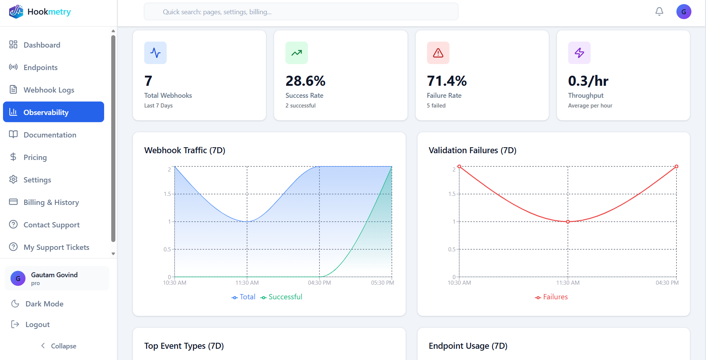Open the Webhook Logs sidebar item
coord(49,90)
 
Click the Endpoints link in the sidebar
coord(40,67)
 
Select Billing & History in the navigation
coord(51,202)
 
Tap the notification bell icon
coord(659,12)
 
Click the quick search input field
coord(301,12)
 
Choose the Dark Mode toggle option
coord(44,304)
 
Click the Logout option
coord(37,324)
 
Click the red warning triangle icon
coord(438,53)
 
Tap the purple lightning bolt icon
coord(579,53)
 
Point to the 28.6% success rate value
coord(305,81)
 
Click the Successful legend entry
coord(282,297)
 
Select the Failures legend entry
coord(551,297)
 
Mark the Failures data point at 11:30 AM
coord(568,222)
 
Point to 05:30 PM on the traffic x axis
coord(382,283)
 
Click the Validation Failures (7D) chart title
coord(472,150)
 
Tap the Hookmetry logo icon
coord(16,12)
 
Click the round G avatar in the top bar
coord(684,12)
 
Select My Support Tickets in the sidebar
coord(56,247)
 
